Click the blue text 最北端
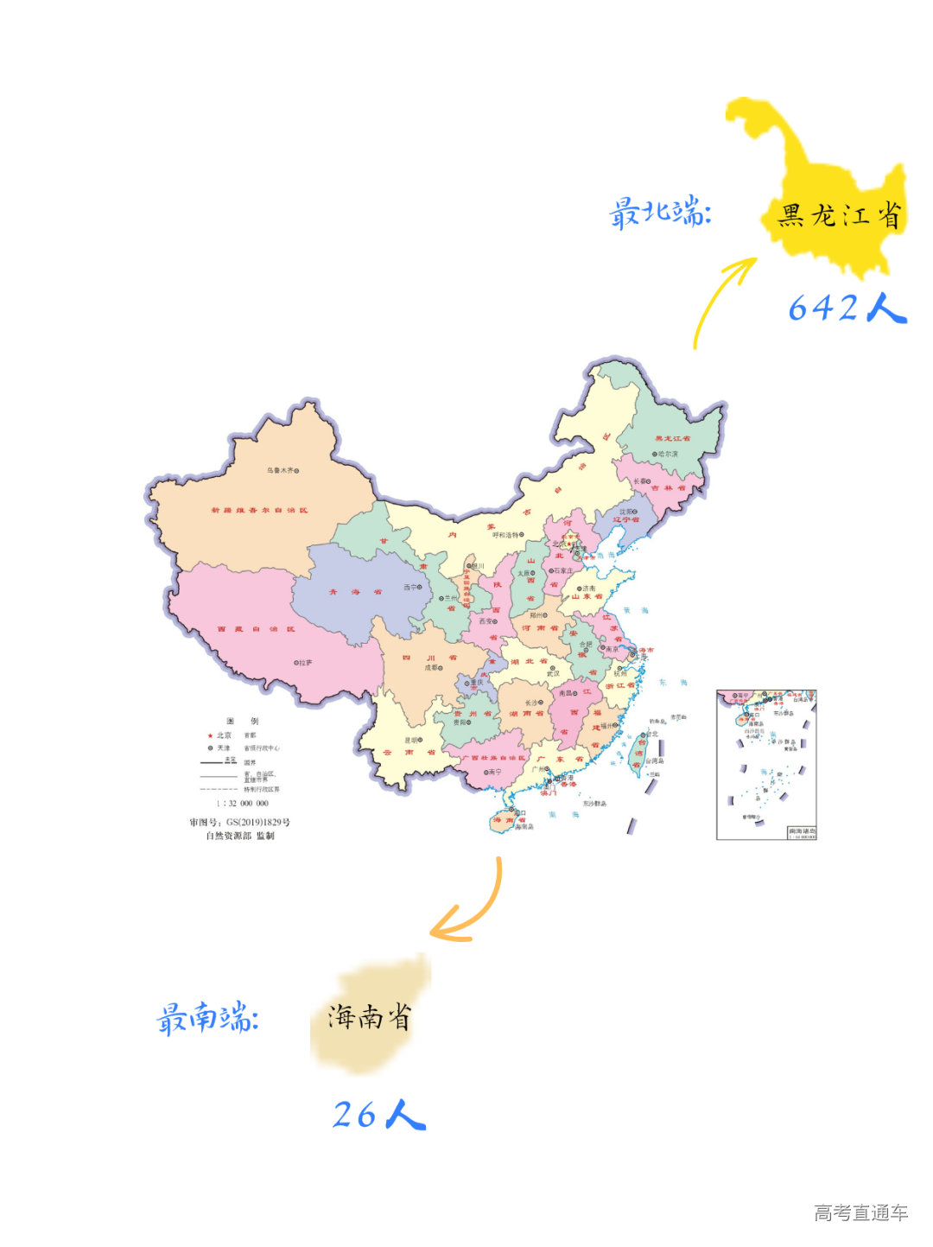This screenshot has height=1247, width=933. click(660, 213)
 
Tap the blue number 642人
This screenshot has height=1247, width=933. click(847, 308)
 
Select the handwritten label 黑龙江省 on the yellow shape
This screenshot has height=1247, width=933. click(839, 215)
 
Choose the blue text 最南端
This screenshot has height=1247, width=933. click(207, 1018)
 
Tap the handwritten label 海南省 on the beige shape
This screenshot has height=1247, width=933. click(369, 1017)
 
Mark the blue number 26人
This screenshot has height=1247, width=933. click(379, 1115)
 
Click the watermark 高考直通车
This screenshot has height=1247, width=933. click(860, 1212)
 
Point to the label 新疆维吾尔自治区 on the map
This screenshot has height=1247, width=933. click(259, 511)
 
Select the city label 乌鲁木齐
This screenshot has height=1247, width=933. click(280, 471)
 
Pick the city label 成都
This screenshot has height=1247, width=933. click(431, 668)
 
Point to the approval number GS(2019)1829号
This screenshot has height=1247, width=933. click(240, 823)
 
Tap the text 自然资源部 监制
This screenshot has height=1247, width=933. click(240, 837)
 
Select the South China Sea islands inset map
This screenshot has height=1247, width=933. click(766, 765)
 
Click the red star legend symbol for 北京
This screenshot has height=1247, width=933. click(210, 735)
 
